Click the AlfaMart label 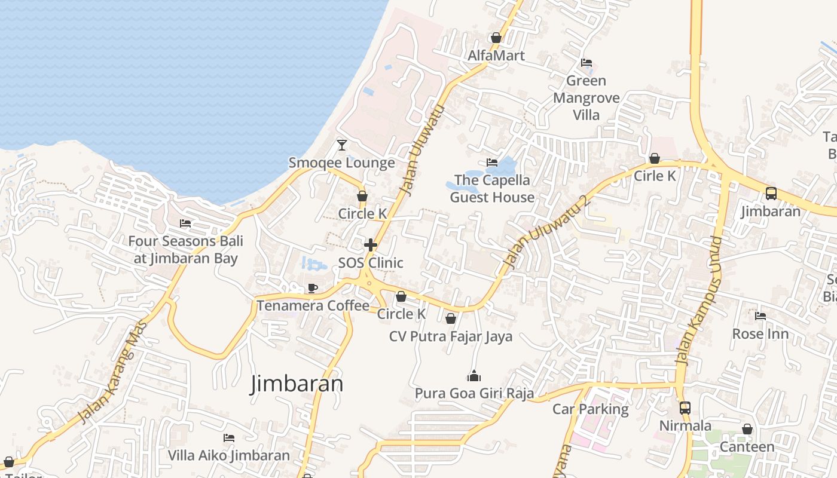[496, 56]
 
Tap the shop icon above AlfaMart [496, 38]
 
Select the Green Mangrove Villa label [586, 97]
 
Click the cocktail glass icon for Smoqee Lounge [341, 145]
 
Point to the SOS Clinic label [371, 263]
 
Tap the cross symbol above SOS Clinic [371, 245]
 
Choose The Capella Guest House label [492, 188]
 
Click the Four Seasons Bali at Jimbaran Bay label [185, 250]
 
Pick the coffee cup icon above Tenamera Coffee [312, 289]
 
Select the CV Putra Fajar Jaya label [451, 336]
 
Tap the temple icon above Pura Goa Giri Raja [474, 376]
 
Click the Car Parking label [590, 409]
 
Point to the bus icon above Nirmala [685, 408]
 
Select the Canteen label [747, 447]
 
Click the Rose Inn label [760, 334]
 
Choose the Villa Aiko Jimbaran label [228, 455]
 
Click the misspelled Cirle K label [655, 176]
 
